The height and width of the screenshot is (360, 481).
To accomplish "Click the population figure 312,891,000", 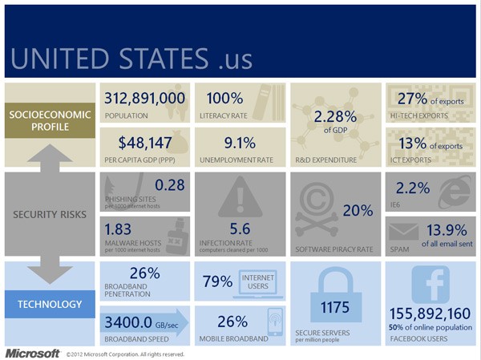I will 145,99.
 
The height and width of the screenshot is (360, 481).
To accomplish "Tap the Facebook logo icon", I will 430,285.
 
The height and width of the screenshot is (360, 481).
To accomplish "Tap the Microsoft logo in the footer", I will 32,353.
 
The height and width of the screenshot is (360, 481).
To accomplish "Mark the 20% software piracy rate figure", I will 358,211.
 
